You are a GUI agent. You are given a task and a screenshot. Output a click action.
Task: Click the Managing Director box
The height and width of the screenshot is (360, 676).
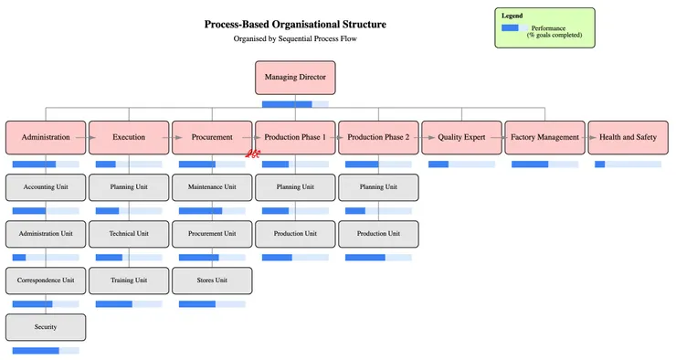(295, 78)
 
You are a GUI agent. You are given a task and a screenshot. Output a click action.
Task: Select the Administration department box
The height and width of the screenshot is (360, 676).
(46, 137)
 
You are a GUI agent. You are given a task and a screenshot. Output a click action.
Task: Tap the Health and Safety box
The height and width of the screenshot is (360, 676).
(628, 137)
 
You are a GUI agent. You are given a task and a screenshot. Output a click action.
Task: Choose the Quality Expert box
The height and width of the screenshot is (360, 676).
(461, 137)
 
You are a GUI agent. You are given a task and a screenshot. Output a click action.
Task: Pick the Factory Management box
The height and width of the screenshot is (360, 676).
(544, 137)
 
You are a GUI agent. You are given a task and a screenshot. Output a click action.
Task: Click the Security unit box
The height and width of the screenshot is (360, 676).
(46, 327)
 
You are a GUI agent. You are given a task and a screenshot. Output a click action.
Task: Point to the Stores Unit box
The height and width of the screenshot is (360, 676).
(212, 281)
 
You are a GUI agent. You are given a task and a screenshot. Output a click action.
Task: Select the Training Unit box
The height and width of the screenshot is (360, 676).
(129, 281)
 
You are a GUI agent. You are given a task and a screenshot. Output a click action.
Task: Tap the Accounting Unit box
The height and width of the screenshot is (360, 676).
(46, 187)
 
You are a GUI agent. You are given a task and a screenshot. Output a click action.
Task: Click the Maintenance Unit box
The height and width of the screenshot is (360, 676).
(212, 187)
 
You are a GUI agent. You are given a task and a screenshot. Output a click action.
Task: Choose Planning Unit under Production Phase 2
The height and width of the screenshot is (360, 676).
(378, 187)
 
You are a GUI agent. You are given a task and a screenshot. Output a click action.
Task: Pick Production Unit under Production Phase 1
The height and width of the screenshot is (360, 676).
(295, 234)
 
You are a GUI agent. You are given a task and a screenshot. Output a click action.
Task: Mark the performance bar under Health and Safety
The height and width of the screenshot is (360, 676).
(628, 164)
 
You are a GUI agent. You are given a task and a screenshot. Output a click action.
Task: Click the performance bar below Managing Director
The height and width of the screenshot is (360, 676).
(295, 104)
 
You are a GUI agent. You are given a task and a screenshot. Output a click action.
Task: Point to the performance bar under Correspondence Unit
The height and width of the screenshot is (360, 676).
(46, 303)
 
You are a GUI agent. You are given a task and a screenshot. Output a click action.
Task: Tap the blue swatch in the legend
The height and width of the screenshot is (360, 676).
(510, 27)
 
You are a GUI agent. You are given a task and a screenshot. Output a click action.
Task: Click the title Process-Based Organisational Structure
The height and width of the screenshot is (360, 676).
(295, 25)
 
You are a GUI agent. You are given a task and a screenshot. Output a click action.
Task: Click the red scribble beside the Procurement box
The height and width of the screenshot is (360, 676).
(255, 154)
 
